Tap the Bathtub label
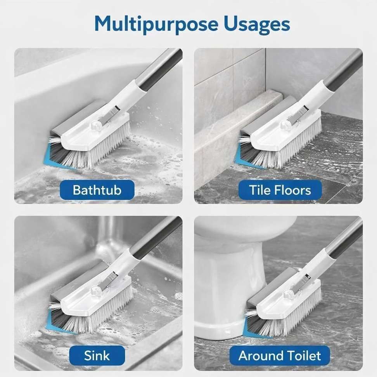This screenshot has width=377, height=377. [x=97, y=190]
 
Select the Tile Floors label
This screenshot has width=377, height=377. [x=280, y=190]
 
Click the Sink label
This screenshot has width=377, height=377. [x=97, y=355]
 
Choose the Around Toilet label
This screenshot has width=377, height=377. [x=280, y=355]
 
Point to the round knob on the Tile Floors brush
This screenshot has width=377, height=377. [x=285, y=124]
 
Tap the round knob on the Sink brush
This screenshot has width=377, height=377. [x=95, y=291]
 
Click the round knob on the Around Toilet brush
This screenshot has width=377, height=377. [x=287, y=294]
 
